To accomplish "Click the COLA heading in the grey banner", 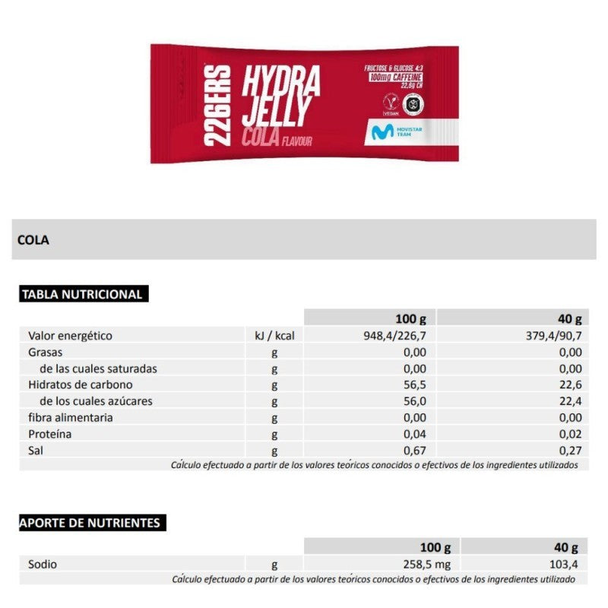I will click(33, 240).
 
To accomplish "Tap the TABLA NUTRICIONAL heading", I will click(82, 295).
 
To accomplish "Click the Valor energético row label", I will click(70, 335).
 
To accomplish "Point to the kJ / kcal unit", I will click(274, 335).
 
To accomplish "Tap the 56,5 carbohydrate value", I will click(416, 385).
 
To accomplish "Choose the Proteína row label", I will click(49, 434).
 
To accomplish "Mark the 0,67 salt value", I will click(416, 451).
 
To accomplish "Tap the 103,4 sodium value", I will click(565, 565).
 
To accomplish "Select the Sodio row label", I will click(43, 565).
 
